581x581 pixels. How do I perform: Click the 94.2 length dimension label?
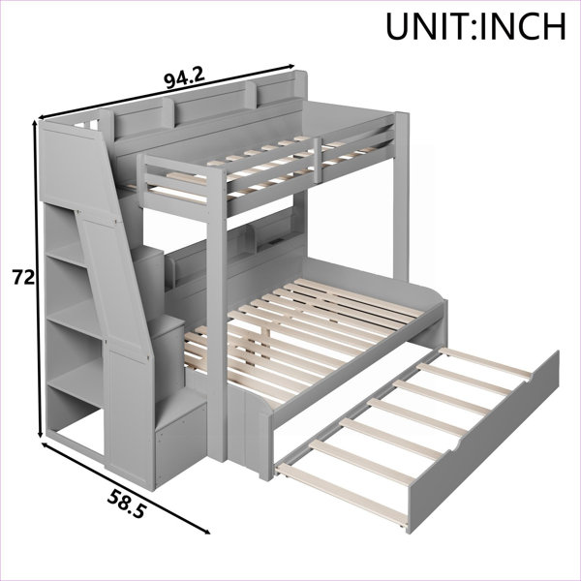pos(184,78)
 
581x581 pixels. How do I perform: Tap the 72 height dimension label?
pos(23,278)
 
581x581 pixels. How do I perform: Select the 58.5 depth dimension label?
pos(126,504)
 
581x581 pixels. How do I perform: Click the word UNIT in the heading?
pos(429,27)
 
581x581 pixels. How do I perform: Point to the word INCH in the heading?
pos(523,27)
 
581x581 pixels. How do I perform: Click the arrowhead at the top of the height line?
pos(36,125)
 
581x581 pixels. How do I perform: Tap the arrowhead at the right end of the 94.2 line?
pos(290,67)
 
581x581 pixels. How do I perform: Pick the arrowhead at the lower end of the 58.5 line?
pos(205,531)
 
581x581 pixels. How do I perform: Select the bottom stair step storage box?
pos(181,437)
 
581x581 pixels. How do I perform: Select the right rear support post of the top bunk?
pos(401,197)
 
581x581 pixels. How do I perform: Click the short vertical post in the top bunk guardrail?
pos(318,160)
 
